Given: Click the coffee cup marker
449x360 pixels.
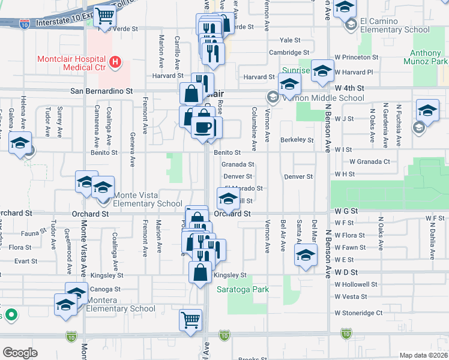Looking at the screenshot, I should click(204, 128).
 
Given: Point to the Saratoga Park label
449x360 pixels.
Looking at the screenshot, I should click(243, 289).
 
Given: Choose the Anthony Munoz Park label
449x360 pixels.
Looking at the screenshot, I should click(429, 57).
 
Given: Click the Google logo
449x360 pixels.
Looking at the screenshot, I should click(20, 353).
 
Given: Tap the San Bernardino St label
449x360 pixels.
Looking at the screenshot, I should click(101, 91).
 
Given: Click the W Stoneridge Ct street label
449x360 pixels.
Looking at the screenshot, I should click(358, 313).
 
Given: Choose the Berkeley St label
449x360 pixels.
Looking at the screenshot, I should click(297, 140).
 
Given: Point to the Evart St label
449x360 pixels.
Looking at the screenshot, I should click(26, 261).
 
